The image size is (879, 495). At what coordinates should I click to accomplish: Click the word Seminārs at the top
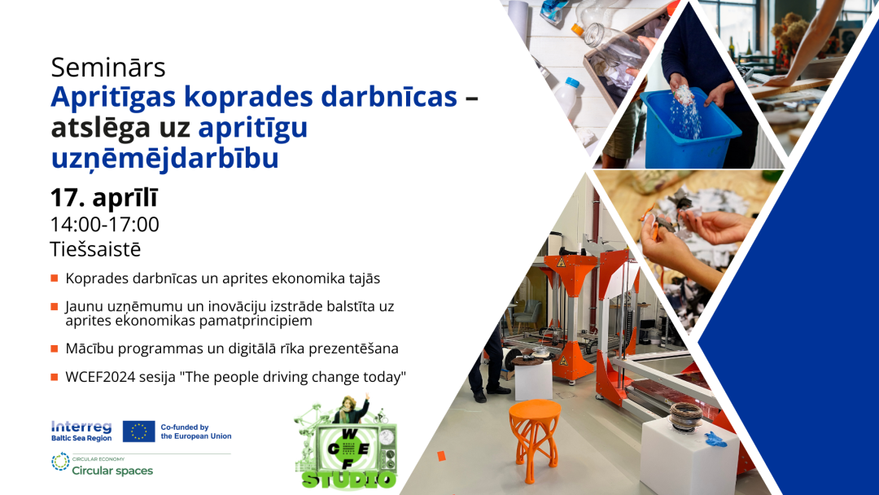coord(108,68)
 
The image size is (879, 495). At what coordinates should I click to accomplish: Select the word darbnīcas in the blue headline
coord(389,96)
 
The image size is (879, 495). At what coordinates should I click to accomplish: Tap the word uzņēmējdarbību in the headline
coord(164,158)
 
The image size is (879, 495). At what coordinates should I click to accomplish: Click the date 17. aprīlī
coord(104,197)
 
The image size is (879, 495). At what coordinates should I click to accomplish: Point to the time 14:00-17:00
coord(105,224)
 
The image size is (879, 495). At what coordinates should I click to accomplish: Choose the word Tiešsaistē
coord(95,249)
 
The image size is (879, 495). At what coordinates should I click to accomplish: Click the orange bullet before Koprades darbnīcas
coord(55,278)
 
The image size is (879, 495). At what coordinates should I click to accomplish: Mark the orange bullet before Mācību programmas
coord(55,348)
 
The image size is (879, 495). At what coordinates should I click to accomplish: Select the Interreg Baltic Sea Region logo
coord(81,431)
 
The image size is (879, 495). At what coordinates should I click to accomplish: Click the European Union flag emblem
coord(138,431)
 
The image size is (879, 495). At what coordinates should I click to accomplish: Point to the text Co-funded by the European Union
coord(195,431)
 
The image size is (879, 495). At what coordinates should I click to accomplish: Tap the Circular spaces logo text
coord(112,471)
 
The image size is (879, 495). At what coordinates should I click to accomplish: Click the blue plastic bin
coord(690,129)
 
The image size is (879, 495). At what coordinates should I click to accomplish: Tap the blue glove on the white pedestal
coord(715,439)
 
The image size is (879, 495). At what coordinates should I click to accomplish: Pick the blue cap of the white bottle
coord(571,82)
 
